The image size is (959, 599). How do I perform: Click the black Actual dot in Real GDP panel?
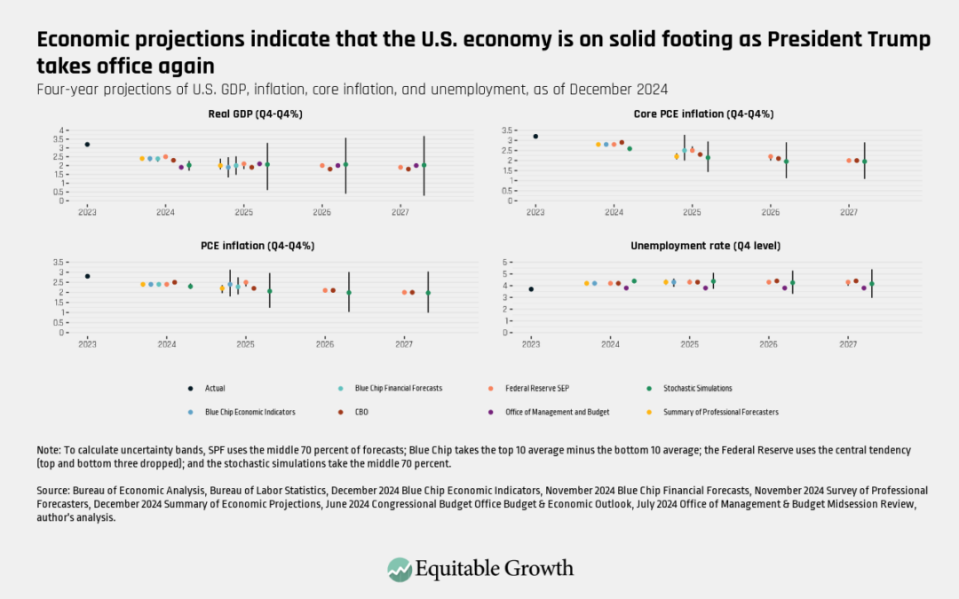pyautogui.click(x=87, y=144)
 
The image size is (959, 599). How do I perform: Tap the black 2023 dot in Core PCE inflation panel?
pyautogui.click(x=535, y=136)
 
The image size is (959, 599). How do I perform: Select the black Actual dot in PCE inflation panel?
pyautogui.click(x=87, y=276)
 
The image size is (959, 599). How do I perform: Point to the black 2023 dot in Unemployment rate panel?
pyautogui.click(x=531, y=289)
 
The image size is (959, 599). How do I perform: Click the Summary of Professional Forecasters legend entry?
pyautogui.click(x=728, y=412)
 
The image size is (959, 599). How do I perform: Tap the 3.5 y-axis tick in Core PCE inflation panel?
pyautogui.click(x=510, y=130)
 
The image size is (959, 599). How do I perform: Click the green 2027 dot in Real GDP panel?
pyautogui.click(x=424, y=165)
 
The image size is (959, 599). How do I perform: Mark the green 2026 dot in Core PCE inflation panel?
pyautogui.click(x=786, y=162)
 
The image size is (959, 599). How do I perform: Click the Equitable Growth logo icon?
pyautogui.click(x=400, y=569)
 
